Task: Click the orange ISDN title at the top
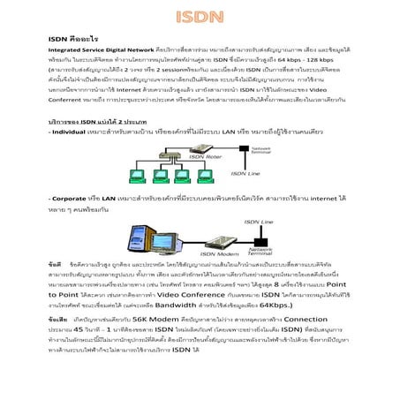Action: pyautogui.click(x=200, y=17)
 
